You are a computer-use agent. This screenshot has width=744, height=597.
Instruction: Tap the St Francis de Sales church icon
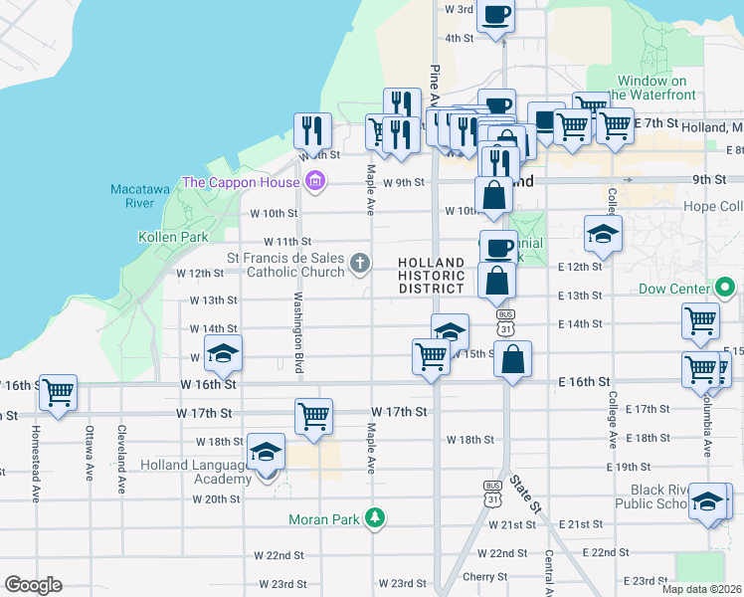[360, 264]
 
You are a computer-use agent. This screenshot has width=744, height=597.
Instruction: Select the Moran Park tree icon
[375, 517]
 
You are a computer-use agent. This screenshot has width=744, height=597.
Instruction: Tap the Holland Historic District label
[431, 276]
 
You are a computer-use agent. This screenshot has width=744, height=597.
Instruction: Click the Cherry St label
[484, 576]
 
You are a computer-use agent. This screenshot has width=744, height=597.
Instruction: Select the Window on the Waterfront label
[651, 88]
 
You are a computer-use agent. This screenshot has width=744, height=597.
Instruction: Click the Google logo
[33, 585]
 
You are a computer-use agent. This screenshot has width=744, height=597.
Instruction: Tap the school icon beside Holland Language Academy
[266, 452]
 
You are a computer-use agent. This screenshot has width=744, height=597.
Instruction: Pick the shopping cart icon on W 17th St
[313, 415]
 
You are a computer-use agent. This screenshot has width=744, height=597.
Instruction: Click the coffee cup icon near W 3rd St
[495, 15]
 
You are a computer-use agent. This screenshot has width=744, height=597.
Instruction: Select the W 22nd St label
[502, 553]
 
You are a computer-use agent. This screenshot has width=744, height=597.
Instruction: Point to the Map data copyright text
[700, 589]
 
